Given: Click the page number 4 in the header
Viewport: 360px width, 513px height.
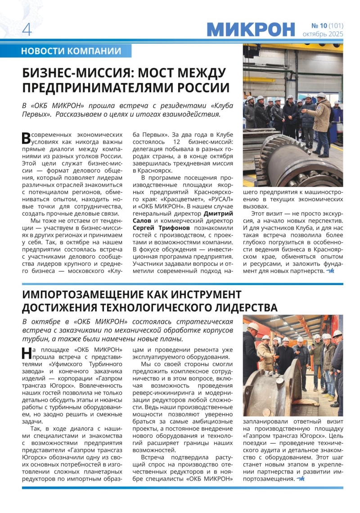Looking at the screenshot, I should pyautogui.click(x=27, y=29).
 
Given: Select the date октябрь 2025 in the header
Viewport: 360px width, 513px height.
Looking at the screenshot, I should pyautogui.click(x=323, y=34).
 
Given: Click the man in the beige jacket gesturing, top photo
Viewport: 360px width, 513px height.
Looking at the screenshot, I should pyautogui.click(x=321, y=119).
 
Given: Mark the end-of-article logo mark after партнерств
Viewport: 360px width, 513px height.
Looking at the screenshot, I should pyautogui.click(x=331, y=271).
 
